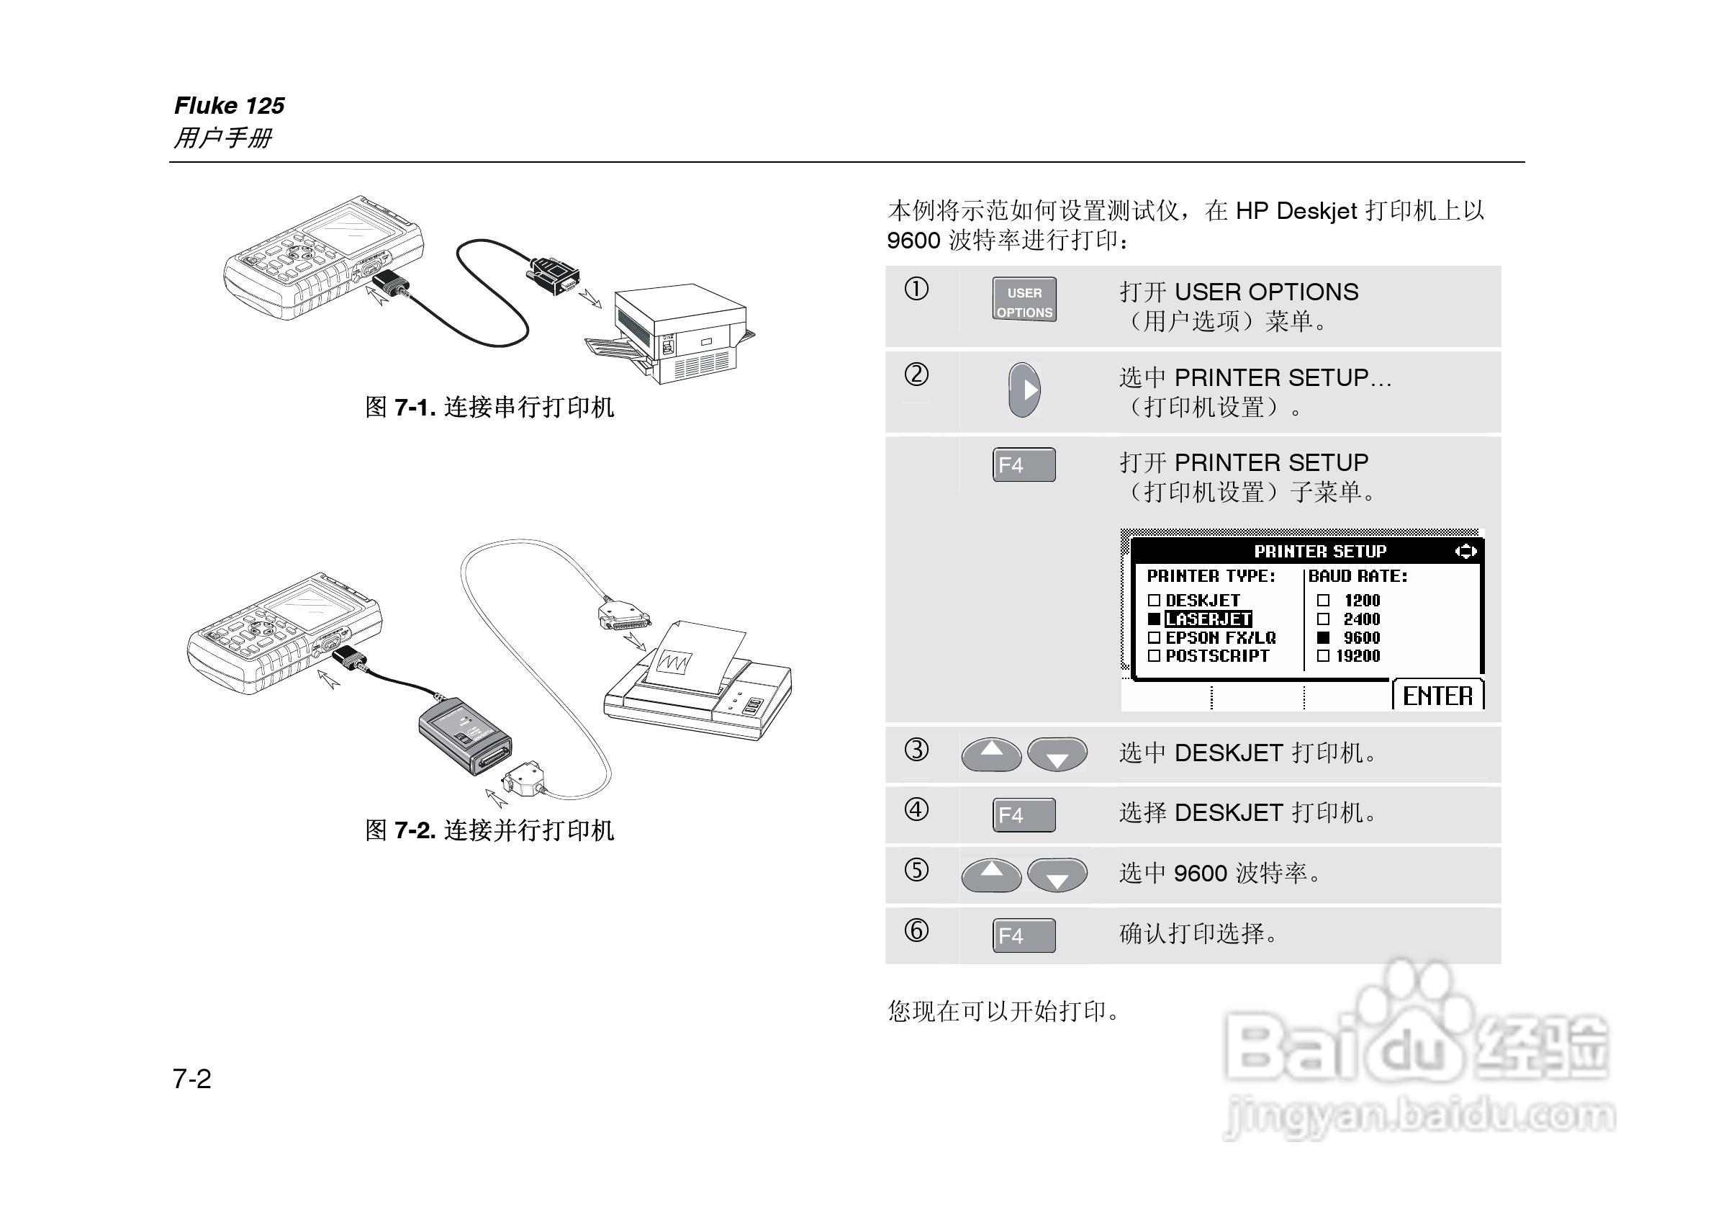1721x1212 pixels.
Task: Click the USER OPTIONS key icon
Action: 1024,300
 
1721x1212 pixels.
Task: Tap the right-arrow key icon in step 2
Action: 1024,390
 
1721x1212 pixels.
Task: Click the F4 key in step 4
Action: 1024,814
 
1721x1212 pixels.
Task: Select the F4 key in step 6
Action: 1024,935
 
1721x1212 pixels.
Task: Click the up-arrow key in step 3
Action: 991,753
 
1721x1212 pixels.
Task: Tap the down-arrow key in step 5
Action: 1057,875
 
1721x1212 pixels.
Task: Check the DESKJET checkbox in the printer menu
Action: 1155,600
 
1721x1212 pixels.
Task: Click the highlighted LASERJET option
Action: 1208,619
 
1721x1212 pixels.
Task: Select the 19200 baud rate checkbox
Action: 1323,655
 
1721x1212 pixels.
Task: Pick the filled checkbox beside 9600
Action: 1324,637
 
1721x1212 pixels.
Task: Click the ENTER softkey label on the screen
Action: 1437,695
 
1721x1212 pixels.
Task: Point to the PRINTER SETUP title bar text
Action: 1320,551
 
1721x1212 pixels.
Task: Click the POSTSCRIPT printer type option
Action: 1216,655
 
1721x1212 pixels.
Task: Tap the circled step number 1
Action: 916,289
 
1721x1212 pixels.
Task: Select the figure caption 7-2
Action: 489,830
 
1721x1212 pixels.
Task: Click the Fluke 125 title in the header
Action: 230,105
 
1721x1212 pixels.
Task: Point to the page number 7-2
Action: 192,1079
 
